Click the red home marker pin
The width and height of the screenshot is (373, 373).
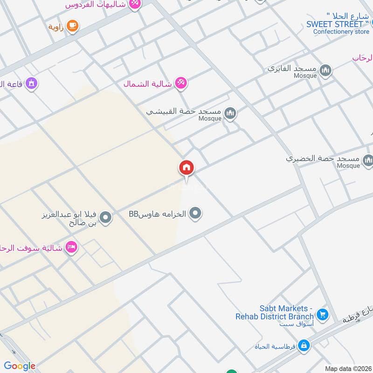[186, 168]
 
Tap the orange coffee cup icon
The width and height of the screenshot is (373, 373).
[72, 26]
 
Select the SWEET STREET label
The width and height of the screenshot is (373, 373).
[335, 24]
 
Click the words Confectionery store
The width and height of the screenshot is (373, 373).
[341, 32]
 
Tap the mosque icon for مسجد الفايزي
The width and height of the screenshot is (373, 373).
[326, 70]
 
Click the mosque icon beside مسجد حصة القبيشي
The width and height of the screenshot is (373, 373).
[230, 113]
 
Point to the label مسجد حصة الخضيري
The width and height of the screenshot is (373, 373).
[323, 159]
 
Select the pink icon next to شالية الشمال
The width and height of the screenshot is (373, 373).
[180, 83]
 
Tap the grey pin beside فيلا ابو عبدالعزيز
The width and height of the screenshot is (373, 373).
[106, 217]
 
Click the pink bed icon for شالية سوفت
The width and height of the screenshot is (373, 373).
[71, 246]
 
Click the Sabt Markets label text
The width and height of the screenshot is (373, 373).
[286, 312]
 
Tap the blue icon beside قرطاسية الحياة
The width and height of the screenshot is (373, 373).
[304, 346]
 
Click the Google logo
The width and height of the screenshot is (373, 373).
[20, 366]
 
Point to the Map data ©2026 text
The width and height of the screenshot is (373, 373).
[347, 368]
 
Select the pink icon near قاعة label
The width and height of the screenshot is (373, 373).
[32, 83]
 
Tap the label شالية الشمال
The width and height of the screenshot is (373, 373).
[145, 84]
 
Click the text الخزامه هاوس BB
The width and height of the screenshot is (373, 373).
[158, 214]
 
